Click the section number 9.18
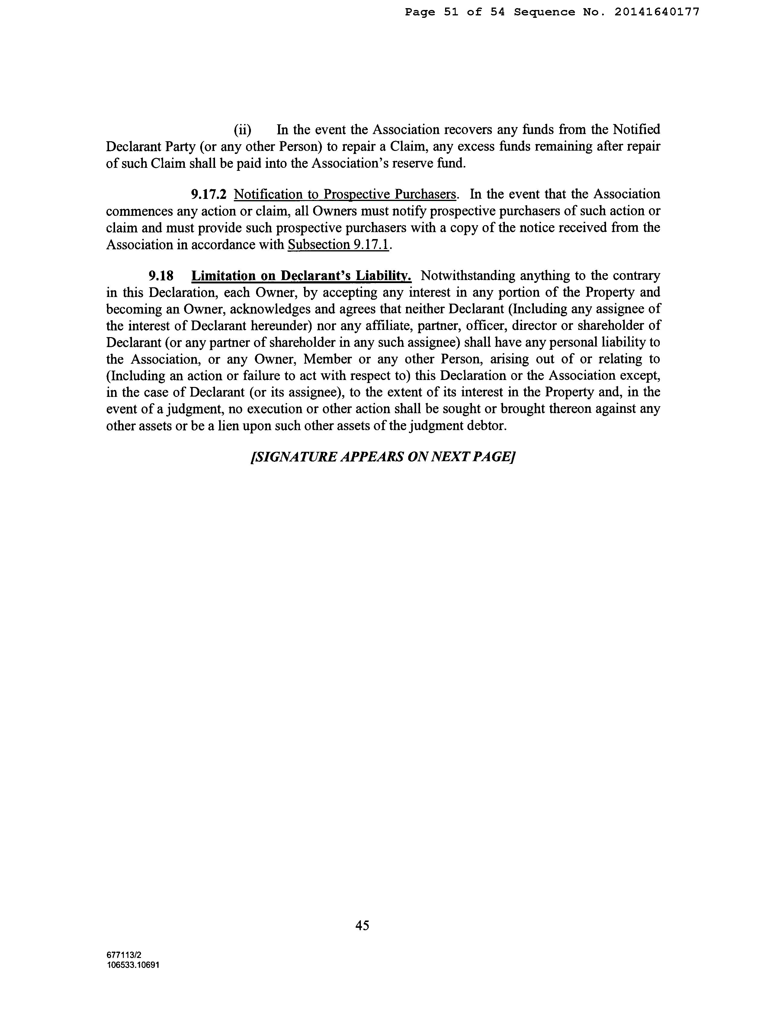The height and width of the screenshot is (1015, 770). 161,276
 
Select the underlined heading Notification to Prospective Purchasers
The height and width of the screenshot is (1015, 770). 345,194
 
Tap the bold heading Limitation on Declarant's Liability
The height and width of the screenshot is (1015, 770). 301,276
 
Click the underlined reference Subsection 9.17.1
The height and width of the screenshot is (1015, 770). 338,244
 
